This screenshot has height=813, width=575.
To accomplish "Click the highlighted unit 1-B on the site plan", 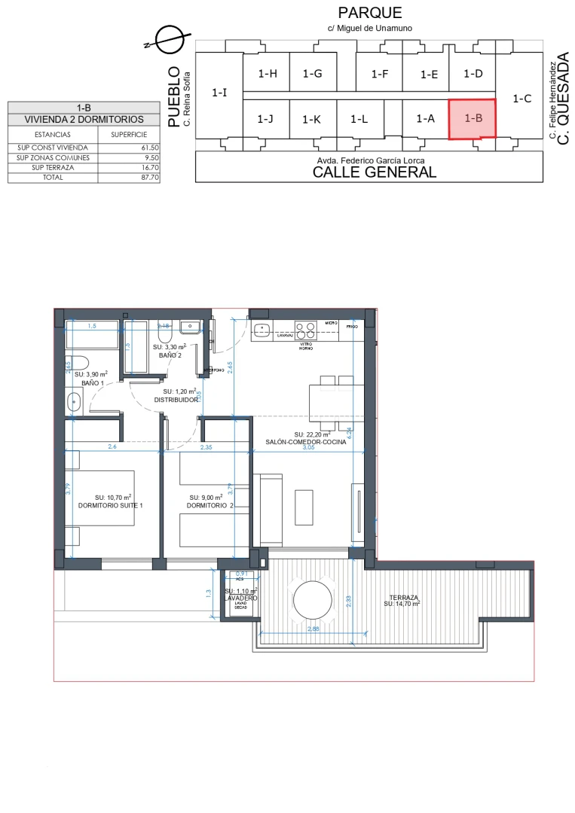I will tap(473, 119).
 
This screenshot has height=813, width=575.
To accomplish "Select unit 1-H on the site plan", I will tap(268, 74).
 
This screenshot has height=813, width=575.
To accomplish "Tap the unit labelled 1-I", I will tap(219, 93).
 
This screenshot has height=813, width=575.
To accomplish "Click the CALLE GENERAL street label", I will tap(375, 172).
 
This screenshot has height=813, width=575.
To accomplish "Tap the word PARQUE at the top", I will tap(370, 13).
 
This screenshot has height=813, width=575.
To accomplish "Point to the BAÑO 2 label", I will tap(170, 355).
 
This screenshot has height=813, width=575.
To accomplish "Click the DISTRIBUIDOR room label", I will tap(176, 400).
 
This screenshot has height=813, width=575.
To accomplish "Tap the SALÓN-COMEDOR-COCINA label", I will tap(306, 442).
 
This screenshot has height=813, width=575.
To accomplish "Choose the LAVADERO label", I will tap(241, 598).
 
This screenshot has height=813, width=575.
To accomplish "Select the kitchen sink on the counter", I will tap(262, 330).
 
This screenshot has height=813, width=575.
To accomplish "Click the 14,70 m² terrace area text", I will tap(402, 604).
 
